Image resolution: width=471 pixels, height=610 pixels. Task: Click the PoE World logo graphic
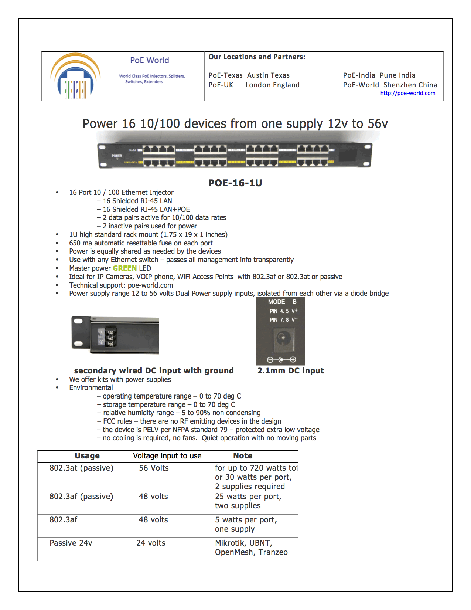75,77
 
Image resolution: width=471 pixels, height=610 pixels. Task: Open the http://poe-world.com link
407,93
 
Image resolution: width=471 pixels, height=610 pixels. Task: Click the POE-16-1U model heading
235,183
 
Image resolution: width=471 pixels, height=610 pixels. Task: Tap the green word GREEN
125,268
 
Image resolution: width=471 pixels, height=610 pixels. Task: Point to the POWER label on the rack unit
117,156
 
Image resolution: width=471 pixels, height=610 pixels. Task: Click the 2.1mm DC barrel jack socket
282,338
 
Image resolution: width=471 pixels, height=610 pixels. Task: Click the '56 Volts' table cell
154,468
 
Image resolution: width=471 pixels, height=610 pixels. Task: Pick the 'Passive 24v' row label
71,543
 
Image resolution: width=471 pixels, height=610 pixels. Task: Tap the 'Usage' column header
87,456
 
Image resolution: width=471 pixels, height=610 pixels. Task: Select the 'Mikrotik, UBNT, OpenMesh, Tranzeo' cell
251,548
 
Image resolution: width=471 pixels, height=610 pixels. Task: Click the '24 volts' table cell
151,543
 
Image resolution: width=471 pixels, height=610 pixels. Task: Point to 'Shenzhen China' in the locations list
410,85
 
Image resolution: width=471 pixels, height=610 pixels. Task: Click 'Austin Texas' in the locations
268,75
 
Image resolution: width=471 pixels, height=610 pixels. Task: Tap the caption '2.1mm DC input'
290,371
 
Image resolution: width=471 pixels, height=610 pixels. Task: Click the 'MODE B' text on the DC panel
282,302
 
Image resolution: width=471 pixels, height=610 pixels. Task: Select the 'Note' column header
243,456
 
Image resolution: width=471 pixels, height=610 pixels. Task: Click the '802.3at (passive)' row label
81,468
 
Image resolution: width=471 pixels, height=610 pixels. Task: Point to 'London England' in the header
273,85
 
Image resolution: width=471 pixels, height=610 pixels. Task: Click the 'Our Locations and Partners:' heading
257,57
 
